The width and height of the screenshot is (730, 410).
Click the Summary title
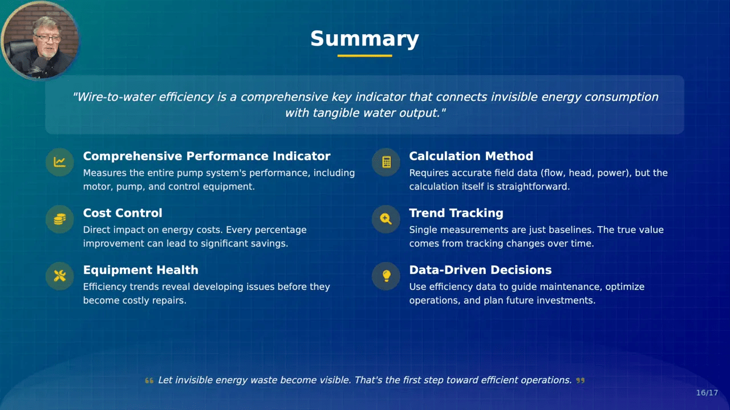(x=364, y=39)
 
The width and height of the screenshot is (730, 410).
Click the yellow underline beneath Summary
(x=364, y=56)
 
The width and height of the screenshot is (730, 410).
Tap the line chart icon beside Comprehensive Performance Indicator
(x=60, y=162)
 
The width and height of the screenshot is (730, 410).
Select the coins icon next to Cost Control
(x=60, y=219)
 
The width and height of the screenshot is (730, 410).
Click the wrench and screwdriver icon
(x=60, y=276)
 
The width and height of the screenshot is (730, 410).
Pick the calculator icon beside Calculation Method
(x=386, y=162)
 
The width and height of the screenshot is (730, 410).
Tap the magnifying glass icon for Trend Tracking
(x=386, y=219)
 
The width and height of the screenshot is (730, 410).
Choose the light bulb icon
(x=386, y=276)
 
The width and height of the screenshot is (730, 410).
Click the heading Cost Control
(x=123, y=213)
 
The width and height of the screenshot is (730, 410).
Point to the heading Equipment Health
(x=140, y=270)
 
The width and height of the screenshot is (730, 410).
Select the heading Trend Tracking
(x=456, y=213)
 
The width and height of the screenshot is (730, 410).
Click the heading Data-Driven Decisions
(x=480, y=270)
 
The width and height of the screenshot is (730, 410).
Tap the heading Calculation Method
(x=471, y=156)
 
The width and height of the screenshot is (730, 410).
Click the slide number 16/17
(x=707, y=393)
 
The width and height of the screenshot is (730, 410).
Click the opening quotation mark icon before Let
(x=149, y=380)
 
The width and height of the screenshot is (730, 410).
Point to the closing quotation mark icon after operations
(x=581, y=380)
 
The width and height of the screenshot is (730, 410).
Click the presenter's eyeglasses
(x=48, y=38)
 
